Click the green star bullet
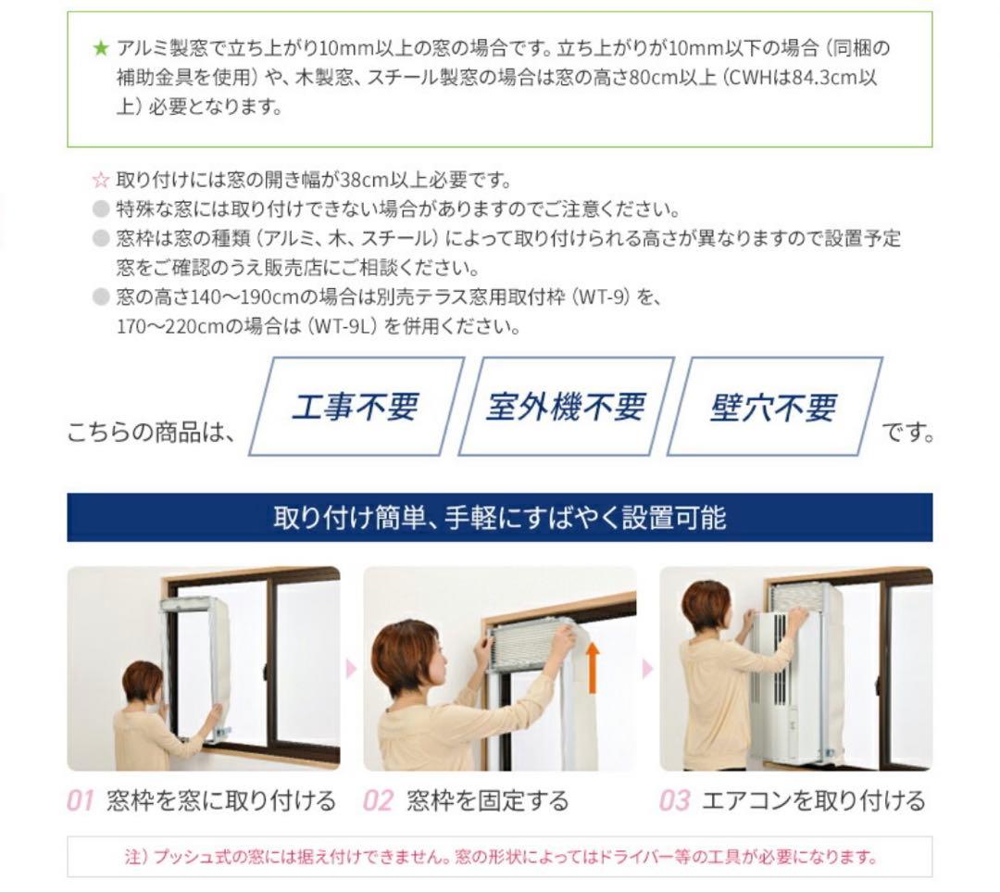click(x=101, y=48)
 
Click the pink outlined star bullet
click(x=101, y=180)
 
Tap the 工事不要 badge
click(x=356, y=407)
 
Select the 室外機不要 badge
click(x=566, y=407)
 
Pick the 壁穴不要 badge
click(x=774, y=407)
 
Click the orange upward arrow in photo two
click(x=593, y=667)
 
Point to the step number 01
click(x=81, y=800)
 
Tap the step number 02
click(x=378, y=800)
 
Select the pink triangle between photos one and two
click(x=351, y=669)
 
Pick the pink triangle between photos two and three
click(x=648, y=669)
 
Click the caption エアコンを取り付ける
click(x=813, y=800)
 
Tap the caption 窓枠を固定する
click(x=487, y=800)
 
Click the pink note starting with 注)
click(x=501, y=856)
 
